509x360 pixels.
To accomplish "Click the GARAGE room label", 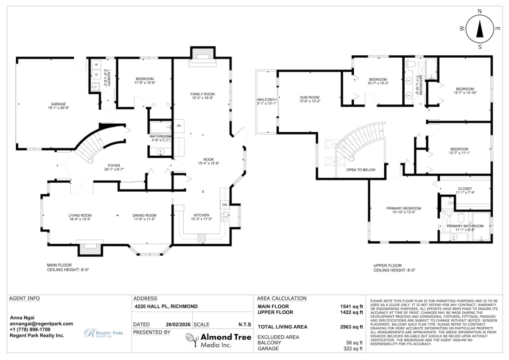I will (59, 103).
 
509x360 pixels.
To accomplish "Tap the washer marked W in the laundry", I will (96, 64).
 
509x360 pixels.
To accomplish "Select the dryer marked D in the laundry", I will (96, 75).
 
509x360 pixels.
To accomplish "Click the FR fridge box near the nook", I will (179, 126).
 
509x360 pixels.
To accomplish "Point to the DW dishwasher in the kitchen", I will (224, 205).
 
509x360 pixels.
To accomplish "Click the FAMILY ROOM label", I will (202, 94).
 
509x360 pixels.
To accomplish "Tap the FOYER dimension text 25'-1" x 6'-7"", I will (113, 169).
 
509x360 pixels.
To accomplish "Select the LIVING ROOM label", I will (80, 215).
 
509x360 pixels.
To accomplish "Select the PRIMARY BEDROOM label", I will (403, 208).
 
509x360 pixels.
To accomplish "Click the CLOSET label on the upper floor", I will (465, 189).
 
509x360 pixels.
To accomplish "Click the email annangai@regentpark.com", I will (41, 324).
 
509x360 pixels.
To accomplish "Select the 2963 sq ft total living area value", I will (352, 327).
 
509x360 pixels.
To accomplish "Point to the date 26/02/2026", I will (177, 324).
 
